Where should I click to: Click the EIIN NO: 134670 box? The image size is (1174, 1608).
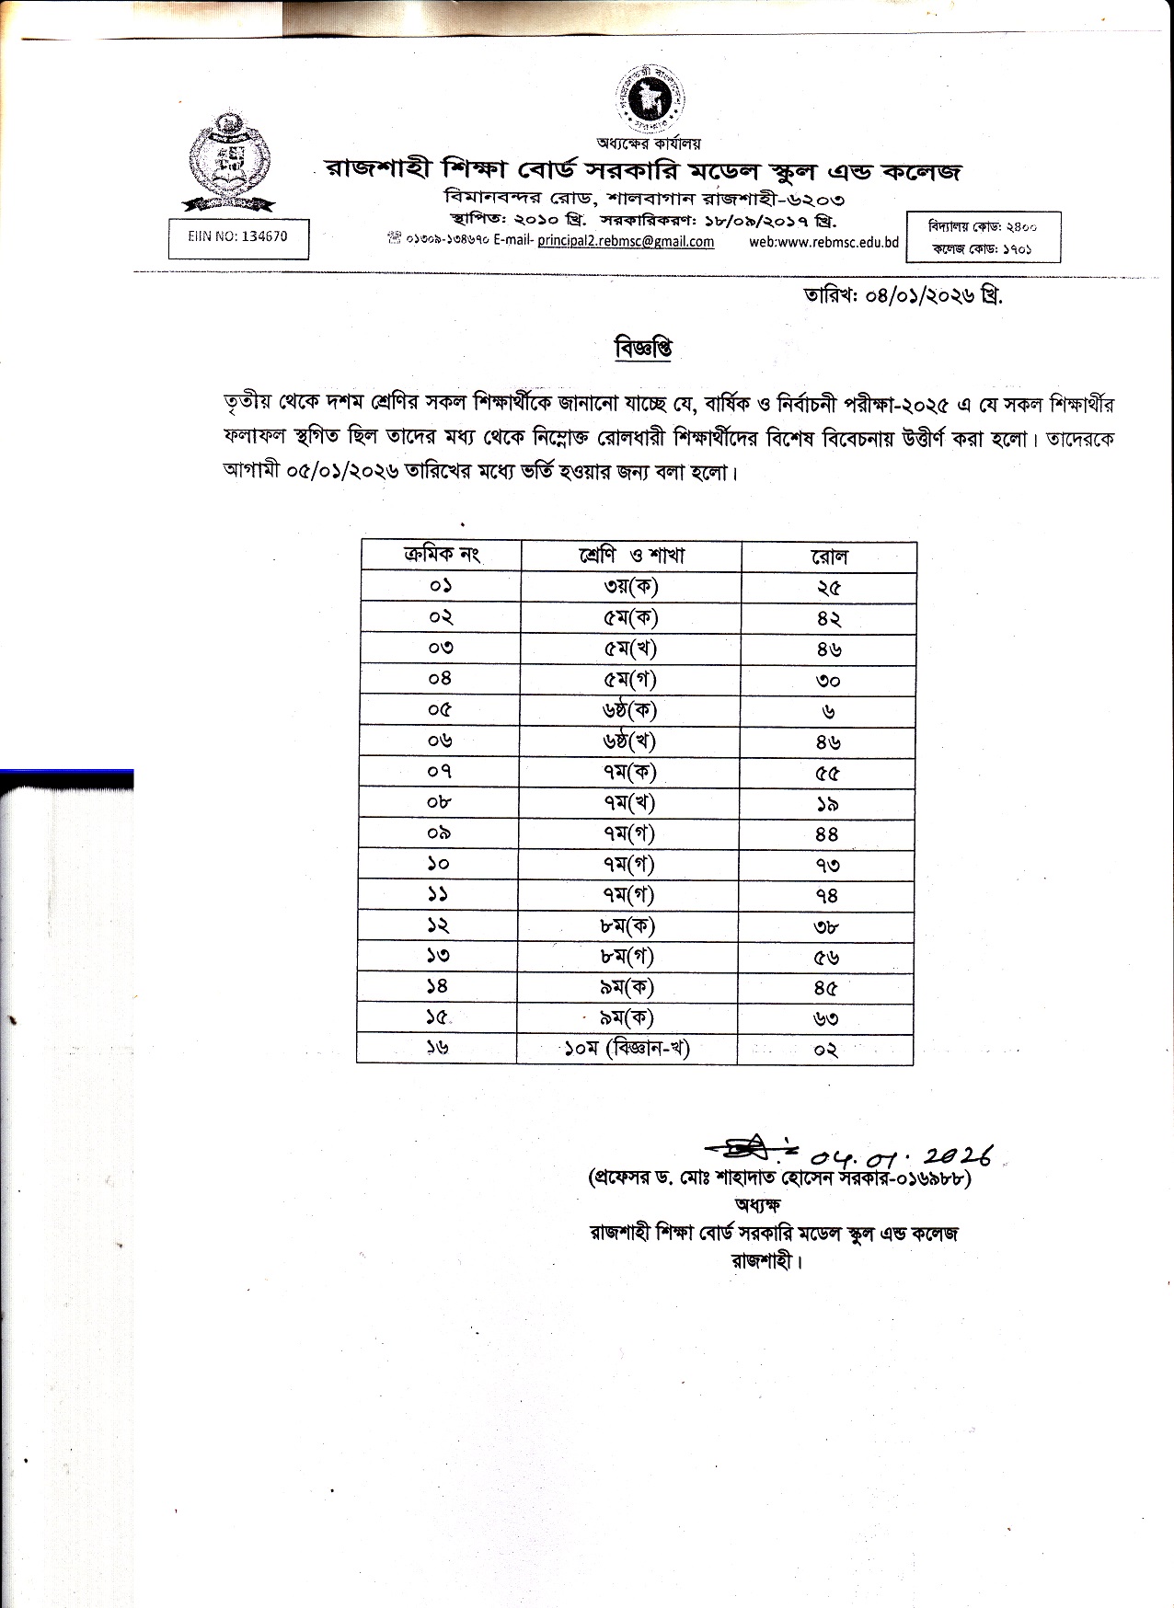point(237,236)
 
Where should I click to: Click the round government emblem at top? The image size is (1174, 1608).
point(652,95)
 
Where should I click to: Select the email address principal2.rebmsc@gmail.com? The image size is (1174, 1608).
point(626,242)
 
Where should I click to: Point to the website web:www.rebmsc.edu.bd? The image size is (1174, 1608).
point(823,242)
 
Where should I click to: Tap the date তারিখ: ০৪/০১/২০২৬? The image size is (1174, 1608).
point(903,295)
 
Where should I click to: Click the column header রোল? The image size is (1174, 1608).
point(829,557)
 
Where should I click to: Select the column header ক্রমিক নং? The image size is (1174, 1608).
point(442,555)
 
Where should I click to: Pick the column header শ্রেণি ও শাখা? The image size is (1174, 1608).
point(631,556)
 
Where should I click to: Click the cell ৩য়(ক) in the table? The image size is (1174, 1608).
point(630,587)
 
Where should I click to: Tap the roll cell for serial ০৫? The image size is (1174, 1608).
point(828,711)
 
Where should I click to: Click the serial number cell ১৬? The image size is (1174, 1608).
point(438,1048)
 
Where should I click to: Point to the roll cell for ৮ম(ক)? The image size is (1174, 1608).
point(826,927)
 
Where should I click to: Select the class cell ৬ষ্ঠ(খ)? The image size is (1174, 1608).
point(629,741)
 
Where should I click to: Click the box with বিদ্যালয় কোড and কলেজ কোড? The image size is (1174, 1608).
point(984,237)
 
